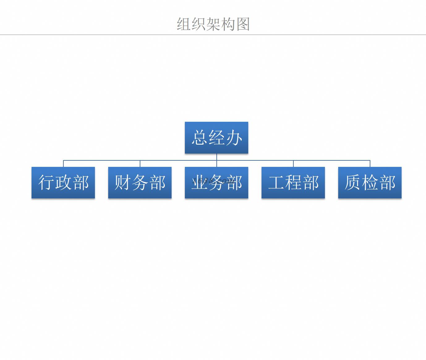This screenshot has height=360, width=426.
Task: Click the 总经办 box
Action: coord(216,138)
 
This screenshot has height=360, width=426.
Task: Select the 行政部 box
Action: coord(63,183)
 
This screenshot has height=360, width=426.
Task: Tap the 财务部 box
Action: coord(140,183)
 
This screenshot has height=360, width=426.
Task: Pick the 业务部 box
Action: coord(216,183)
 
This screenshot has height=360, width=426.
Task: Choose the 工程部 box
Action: coord(293,183)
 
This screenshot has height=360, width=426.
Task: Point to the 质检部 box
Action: coord(370,183)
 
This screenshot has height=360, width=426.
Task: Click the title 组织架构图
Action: coord(213,24)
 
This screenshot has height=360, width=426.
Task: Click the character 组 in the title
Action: coord(184,24)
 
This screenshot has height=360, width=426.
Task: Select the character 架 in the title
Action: coord(213,24)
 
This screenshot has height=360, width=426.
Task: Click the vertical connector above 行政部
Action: coord(63,163)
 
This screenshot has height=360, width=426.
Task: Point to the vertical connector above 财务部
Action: coord(140,163)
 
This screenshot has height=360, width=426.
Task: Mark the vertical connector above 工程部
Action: coord(293,163)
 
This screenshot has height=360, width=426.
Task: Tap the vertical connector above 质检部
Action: coord(370,163)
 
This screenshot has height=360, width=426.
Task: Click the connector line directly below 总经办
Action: coord(217,160)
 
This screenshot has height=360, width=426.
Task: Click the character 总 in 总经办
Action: coord(199,138)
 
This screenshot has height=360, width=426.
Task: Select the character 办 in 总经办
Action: coord(234,138)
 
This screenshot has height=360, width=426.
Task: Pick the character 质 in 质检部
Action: coord(353,183)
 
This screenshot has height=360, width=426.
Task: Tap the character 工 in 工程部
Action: coord(276,183)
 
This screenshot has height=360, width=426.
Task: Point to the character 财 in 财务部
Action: coord(123,183)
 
